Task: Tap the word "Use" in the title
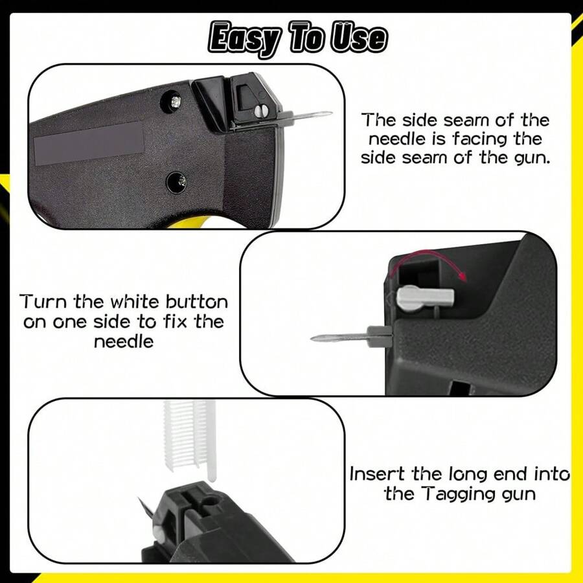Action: coord(358,38)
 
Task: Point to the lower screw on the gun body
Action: coord(173,181)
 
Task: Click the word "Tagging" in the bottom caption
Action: coord(463,494)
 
